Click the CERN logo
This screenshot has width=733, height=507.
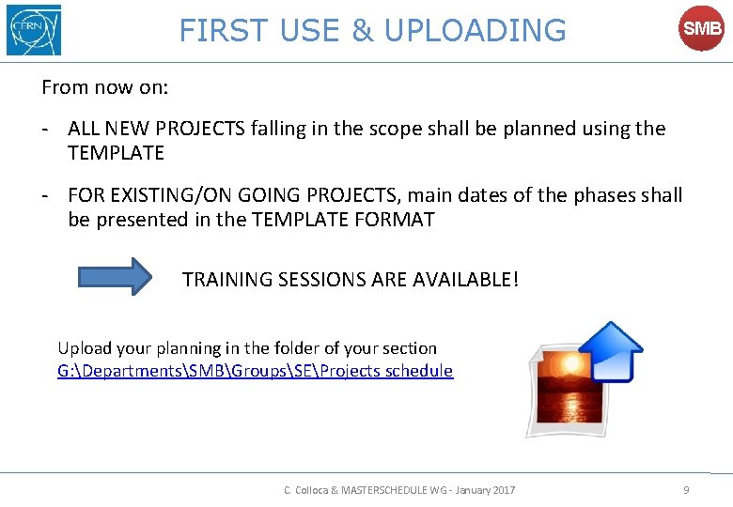click(33, 30)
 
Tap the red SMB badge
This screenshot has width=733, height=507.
click(702, 29)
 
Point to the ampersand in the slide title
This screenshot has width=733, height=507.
click(362, 30)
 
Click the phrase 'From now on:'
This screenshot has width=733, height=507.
click(105, 87)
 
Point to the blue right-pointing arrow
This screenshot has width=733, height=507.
click(115, 277)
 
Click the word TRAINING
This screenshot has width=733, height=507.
click(227, 280)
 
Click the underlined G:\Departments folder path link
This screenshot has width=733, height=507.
click(255, 371)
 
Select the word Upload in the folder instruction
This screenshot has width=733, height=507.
click(84, 347)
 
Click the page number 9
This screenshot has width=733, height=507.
click(686, 489)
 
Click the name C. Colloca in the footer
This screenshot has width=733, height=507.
click(308, 490)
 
